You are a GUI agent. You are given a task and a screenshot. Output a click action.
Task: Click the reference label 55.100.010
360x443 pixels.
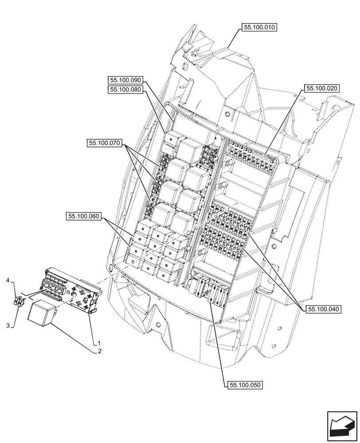pos(259,27)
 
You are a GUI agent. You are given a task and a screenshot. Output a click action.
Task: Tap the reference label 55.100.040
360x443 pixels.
pos(323,310)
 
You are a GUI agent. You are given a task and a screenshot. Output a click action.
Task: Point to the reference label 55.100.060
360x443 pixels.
pos(84,217)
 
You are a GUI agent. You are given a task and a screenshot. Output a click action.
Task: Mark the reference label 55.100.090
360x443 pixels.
pos(125,80)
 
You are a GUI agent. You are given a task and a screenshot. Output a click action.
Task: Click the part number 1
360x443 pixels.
pos(98,343)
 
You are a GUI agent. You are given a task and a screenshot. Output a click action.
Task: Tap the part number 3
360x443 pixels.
pos(8,326)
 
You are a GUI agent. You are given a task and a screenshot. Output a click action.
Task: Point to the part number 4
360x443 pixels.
pos(8,280)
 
